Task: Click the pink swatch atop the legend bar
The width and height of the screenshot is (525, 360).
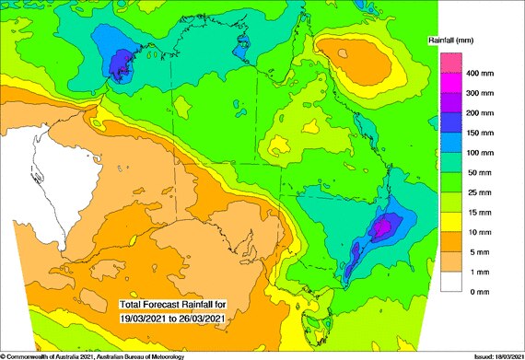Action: coord(450,63)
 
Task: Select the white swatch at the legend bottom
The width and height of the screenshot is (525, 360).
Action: coord(450,282)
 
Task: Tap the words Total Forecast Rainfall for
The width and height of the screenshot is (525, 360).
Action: coord(175,304)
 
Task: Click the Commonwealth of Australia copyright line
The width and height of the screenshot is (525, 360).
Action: coord(92,355)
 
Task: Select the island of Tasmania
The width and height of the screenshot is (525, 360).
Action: coord(318,324)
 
